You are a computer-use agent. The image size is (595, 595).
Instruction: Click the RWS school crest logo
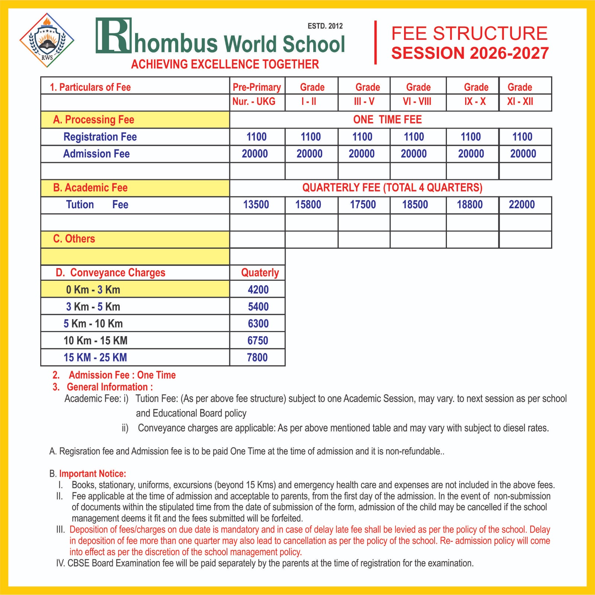tap(47, 40)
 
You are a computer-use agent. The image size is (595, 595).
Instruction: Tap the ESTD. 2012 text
tap(325, 26)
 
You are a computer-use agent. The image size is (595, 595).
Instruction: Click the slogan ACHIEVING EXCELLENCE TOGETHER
tap(225, 64)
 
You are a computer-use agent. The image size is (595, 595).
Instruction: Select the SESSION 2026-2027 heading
tap(470, 53)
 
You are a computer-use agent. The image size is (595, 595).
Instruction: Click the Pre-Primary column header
tap(257, 87)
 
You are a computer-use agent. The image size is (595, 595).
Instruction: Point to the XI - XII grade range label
tap(520, 101)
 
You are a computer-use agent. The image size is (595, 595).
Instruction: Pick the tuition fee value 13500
tap(256, 205)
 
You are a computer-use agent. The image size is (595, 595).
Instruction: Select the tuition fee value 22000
tap(522, 205)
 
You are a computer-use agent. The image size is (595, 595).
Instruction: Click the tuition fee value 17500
tap(363, 205)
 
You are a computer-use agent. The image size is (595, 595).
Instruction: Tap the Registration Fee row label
tap(100, 137)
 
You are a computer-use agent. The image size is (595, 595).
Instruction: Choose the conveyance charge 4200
tap(258, 290)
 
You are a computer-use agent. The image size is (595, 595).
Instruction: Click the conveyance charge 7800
tap(257, 357)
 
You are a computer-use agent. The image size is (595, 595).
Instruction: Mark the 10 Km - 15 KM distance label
tap(95, 340)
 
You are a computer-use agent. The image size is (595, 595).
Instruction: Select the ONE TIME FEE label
tap(387, 120)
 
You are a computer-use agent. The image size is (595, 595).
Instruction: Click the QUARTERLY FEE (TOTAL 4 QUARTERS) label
tap(392, 187)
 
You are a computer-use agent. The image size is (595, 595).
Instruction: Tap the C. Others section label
tap(74, 239)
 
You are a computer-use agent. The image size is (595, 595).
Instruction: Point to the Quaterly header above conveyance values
tap(260, 273)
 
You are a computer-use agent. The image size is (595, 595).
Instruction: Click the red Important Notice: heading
tap(93, 474)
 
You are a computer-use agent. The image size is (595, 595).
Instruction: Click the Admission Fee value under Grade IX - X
tap(471, 154)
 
